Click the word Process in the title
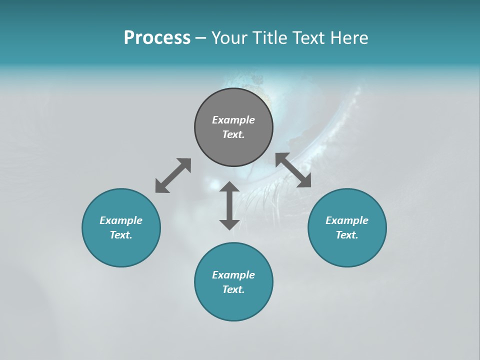click(x=157, y=38)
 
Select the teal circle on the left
click(x=121, y=250)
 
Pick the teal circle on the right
click(x=347, y=250)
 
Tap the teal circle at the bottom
click(x=233, y=305)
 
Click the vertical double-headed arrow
click(x=229, y=205)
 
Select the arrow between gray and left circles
click(x=173, y=175)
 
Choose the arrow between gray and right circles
click(x=293, y=170)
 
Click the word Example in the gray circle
click(x=233, y=120)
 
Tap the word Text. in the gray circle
click(x=233, y=134)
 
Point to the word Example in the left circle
click(x=121, y=220)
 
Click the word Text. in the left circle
click(x=121, y=235)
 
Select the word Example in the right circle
click(x=347, y=220)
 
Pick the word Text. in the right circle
click(x=347, y=235)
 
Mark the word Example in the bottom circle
click(x=233, y=275)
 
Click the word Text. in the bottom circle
click(x=233, y=289)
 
